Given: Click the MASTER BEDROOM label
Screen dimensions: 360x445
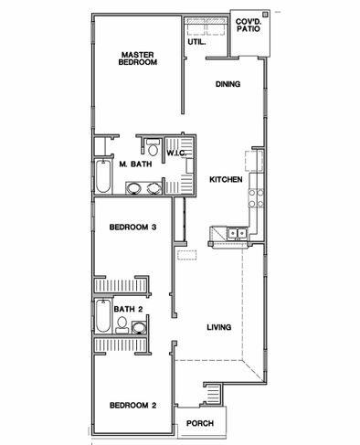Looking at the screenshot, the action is (x=138, y=58).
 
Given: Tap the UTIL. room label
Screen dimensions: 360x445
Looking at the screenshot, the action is (x=196, y=42).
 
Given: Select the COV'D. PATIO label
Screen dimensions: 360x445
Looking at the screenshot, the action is (x=249, y=26).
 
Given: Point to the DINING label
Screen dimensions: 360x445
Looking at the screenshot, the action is (x=228, y=84).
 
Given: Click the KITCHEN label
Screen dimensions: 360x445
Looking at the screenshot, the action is (x=226, y=179).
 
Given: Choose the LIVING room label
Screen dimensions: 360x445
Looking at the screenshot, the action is (x=219, y=327).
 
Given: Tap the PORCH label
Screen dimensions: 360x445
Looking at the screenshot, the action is (x=200, y=423).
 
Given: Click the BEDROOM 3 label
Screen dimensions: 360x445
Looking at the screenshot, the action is (x=132, y=227).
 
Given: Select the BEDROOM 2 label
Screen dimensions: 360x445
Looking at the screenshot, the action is (x=132, y=405).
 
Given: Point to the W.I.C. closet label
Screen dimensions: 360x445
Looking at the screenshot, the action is (x=176, y=153).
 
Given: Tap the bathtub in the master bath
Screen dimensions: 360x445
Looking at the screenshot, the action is (x=103, y=176).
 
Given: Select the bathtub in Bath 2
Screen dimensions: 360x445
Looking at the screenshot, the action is (x=103, y=316).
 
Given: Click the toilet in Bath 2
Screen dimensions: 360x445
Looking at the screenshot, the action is (x=122, y=325).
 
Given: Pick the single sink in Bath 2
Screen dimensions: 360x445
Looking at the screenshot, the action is (x=139, y=327).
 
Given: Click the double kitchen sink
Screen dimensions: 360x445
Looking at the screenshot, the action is (x=238, y=234).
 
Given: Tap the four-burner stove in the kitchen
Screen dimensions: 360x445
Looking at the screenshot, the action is (x=256, y=198).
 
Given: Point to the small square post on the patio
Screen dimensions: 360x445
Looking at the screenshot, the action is (x=265, y=14).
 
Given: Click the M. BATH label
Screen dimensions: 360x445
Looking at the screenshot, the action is (x=135, y=164).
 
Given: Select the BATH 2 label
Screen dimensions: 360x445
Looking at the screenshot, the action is (x=128, y=309).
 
